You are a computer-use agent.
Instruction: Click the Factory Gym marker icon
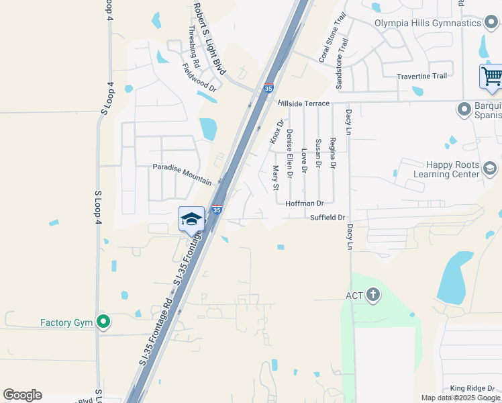[103, 322]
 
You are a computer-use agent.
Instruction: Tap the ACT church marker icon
[374, 294]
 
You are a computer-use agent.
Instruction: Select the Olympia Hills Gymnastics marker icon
[491, 23]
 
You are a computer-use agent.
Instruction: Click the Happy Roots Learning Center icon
[490, 169]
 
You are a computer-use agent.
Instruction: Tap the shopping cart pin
[491, 77]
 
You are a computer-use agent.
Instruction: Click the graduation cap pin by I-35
[191, 220]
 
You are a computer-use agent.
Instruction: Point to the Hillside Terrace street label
[303, 103]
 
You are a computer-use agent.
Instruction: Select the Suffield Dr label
[328, 218]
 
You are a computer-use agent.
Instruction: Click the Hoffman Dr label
[305, 203]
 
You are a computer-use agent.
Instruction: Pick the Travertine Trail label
[421, 76]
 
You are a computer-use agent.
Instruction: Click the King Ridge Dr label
[472, 388]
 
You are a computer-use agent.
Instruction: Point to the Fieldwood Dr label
[200, 77]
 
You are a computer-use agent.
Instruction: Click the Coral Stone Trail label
[332, 38]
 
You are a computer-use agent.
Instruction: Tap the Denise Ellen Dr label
[290, 154]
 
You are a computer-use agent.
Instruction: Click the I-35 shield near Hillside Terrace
[268, 88]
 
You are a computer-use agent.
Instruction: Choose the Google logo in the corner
[22, 395]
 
